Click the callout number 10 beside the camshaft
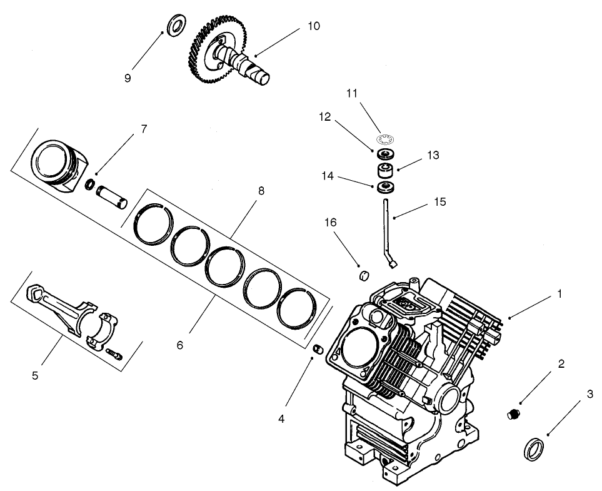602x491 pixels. click(313, 26)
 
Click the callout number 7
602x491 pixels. click(144, 129)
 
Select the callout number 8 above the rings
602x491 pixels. click(260, 191)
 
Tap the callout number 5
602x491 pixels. click(35, 375)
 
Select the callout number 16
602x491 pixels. click(330, 223)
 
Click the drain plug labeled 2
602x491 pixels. click(513, 413)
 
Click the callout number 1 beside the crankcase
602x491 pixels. click(559, 293)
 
